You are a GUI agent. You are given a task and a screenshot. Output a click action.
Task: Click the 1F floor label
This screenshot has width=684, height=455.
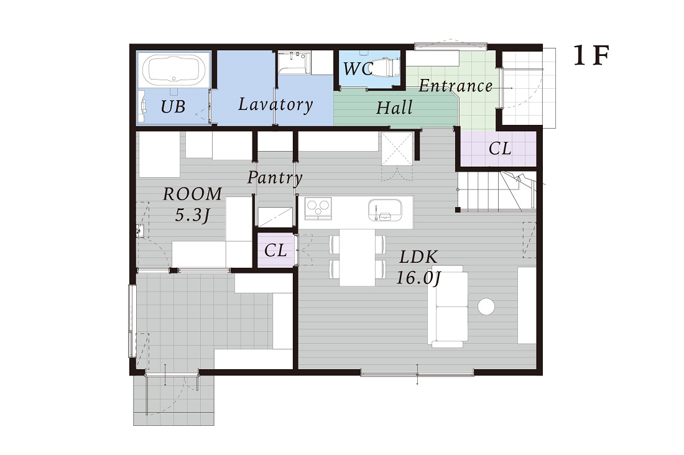[591, 56]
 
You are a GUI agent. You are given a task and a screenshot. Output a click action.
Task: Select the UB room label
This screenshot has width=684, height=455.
[173, 106]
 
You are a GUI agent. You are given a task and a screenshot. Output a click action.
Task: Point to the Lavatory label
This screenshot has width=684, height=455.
[275, 104]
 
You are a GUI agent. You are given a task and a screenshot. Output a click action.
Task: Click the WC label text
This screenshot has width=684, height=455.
[358, 68]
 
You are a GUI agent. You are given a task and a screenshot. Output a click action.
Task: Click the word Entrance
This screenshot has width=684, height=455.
[456, 86]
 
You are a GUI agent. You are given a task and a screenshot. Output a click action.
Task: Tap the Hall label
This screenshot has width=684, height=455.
[394, 108]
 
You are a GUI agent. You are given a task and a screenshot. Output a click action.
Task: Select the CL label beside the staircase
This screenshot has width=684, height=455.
[500, 149]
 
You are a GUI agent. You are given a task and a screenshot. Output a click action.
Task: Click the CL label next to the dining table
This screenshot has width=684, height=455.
[275, 250]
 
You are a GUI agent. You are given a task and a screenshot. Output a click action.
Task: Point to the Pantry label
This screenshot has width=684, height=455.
[275, 178]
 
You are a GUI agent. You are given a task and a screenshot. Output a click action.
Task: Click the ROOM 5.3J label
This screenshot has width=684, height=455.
[192, 204]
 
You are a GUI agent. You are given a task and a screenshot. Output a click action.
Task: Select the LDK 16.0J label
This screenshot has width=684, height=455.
[418, 267]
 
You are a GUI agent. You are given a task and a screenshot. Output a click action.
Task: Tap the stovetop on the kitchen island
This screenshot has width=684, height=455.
[318, 208]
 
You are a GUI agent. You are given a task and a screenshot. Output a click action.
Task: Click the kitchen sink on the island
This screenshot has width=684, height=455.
[385, 210]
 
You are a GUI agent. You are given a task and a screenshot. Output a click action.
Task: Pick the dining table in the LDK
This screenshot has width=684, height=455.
[358, 257]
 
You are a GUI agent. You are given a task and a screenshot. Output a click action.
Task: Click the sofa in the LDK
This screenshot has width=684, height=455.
[448, 306]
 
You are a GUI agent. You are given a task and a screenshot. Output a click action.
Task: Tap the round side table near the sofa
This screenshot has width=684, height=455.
[486, 306]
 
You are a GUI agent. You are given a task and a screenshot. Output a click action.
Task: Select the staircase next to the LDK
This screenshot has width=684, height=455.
[496, 191]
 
